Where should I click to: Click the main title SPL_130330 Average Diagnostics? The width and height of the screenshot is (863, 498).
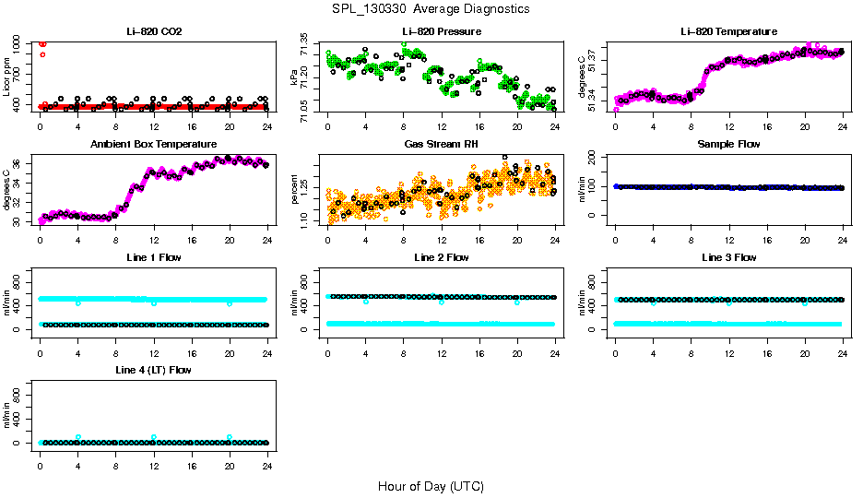431,8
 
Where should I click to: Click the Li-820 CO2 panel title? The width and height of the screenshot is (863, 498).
154,31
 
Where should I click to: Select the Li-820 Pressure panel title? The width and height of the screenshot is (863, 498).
442,31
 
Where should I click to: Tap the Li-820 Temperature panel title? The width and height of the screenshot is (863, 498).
728,31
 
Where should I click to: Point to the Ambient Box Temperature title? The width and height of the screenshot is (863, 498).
154,144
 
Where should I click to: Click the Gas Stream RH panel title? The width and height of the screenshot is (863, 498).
442,144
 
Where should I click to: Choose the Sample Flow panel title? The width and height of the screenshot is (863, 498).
728,144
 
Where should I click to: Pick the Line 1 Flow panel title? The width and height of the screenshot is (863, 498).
154,257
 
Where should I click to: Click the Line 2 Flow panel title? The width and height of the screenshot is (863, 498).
442,257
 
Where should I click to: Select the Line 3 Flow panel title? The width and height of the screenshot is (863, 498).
728,257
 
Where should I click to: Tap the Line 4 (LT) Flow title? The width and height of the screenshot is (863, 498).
154,370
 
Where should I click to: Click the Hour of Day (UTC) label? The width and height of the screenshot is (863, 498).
431,486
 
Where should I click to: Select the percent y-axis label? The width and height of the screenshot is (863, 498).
295,191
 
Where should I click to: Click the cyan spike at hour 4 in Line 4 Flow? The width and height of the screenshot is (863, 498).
78,437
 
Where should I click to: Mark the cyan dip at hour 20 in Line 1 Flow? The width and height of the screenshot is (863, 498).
230,302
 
